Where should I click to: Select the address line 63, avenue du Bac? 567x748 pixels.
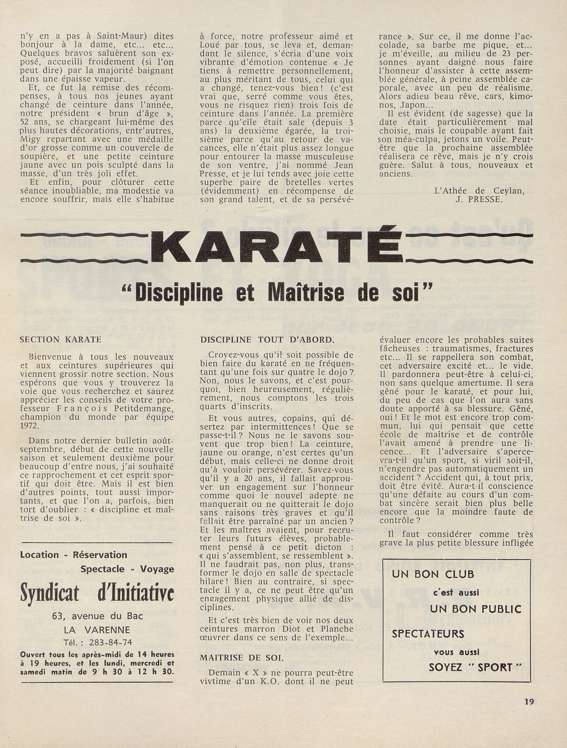[x=98, y=616]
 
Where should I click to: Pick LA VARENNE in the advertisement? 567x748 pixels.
[x=97, y=630]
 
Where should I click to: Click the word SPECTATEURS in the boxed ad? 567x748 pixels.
[x=428, y=633]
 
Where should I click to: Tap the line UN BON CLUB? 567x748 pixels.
[x=433, y=574]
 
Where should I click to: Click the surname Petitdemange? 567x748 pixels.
[x=139, y=408]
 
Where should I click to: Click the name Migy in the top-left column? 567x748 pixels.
[x=30, y=139]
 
